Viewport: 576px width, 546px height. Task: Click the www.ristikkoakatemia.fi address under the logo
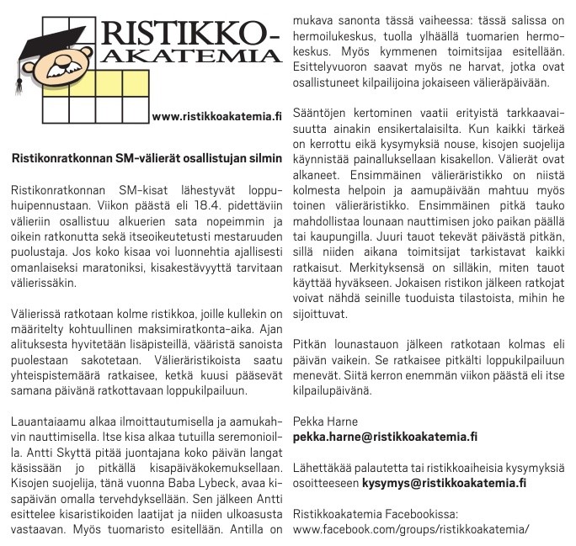216,115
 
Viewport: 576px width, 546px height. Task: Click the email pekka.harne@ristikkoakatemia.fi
385,437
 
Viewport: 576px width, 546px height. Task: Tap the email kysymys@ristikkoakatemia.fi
445,482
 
